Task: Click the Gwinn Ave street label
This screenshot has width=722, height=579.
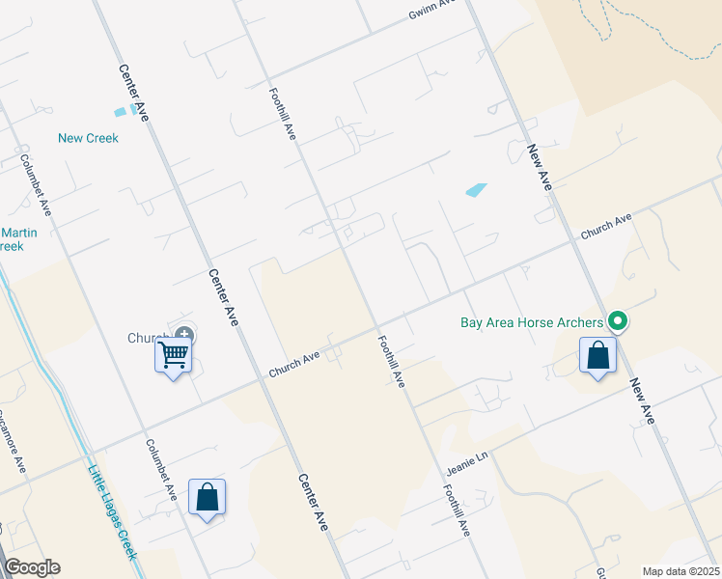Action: [431, 8]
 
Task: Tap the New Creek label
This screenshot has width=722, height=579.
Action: [88, 138]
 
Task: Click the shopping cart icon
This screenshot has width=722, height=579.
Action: [174, 354]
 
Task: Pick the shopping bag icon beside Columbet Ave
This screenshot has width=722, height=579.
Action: [208, 497]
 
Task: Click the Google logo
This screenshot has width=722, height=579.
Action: [32, 567]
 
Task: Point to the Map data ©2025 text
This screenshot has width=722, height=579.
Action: [680, 571]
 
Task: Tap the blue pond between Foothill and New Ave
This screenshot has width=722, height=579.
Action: [476, 190]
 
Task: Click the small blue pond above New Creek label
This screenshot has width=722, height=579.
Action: [120, 112]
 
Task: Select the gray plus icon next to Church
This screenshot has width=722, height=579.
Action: [183, 336]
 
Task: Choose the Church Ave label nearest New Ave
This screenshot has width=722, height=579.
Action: [606, 227]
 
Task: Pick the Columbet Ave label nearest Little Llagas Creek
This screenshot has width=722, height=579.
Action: [161, 469]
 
